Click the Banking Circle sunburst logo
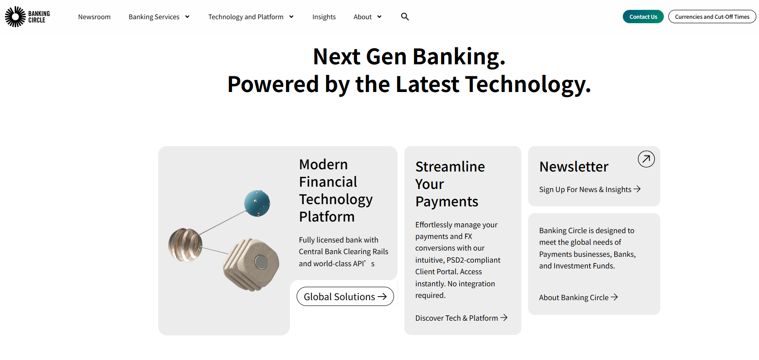(16, 17)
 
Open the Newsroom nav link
(94, 17)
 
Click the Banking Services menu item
(154, 17)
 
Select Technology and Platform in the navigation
(246, 17)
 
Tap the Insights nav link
(324, 17)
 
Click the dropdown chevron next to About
(379, 17)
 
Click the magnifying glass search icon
(405, 17)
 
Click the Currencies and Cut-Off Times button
(712, 17)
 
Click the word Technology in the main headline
(527, 84)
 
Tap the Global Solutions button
(345, 297)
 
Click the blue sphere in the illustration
(257, 203)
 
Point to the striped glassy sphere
(185, 245)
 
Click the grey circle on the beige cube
(260, 262)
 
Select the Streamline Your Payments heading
(450, 184)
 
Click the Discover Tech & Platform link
(461, 318)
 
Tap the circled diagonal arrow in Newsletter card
(646, 159)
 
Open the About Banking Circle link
(578, 297)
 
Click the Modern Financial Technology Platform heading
(335, 190)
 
